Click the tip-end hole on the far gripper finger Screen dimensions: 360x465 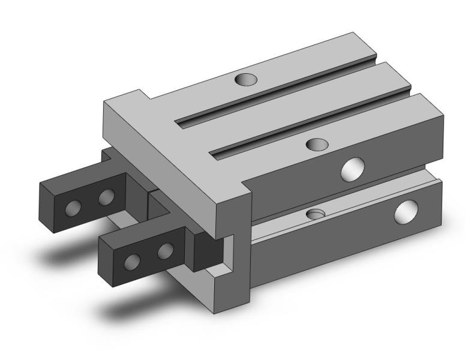[x=73, y=208]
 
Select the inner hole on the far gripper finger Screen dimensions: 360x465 [x=107, y=196]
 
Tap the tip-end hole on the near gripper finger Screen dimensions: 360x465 [x=132, y=262]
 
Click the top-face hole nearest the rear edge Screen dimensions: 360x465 [x=245, y=78]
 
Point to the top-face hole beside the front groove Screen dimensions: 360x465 [x=316, y=144]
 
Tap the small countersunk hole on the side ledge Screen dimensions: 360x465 [x=315, y=214]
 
